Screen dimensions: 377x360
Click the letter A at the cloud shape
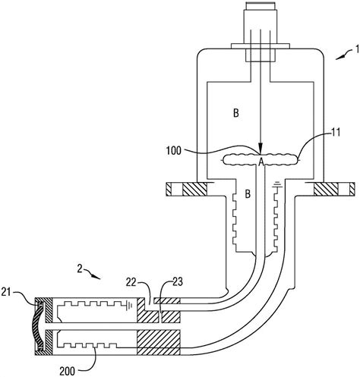point(261,162)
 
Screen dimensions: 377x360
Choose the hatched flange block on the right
point(326,187)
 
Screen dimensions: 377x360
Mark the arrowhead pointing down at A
point(261,149)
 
